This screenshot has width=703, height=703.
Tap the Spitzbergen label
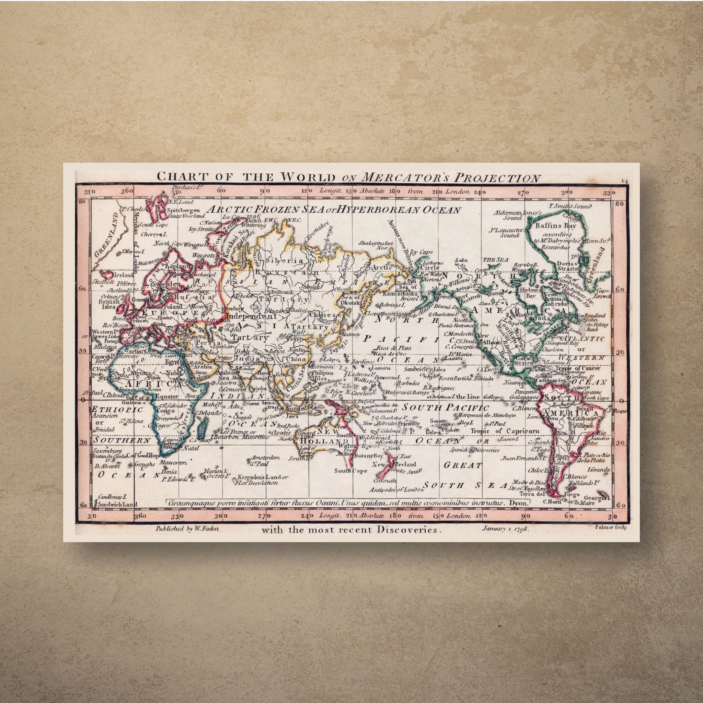[183, 210]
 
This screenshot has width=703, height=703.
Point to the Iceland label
[124, 275]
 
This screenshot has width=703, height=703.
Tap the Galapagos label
[523, 398]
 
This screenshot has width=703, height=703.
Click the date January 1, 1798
[505, 528]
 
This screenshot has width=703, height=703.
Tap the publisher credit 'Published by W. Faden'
[187, 529]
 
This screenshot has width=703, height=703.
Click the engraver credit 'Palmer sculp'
[611, 527]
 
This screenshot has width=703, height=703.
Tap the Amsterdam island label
[265, 457]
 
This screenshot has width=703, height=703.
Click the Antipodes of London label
[393, 490]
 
